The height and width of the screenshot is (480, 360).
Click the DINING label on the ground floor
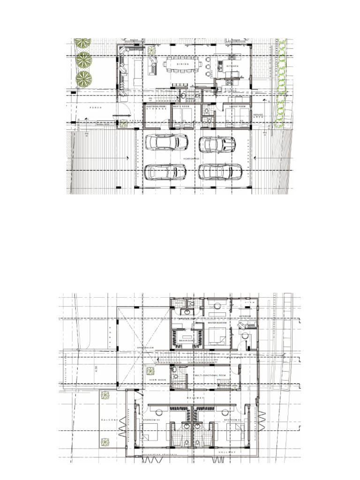(182, 64)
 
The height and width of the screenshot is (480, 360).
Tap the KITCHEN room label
(232, 67)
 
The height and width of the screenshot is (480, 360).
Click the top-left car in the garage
(166, 142)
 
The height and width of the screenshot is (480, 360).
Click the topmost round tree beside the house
(83, 44)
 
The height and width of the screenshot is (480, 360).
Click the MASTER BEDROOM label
(217, 323)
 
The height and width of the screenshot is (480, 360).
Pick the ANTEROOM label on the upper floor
(246, 316)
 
